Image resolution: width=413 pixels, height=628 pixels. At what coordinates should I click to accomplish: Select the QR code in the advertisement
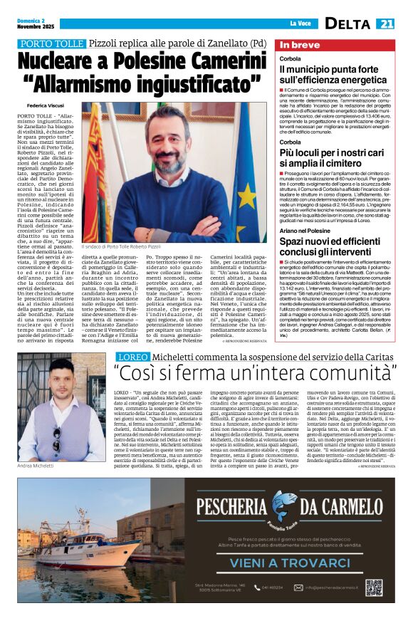(x=374, y=587)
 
